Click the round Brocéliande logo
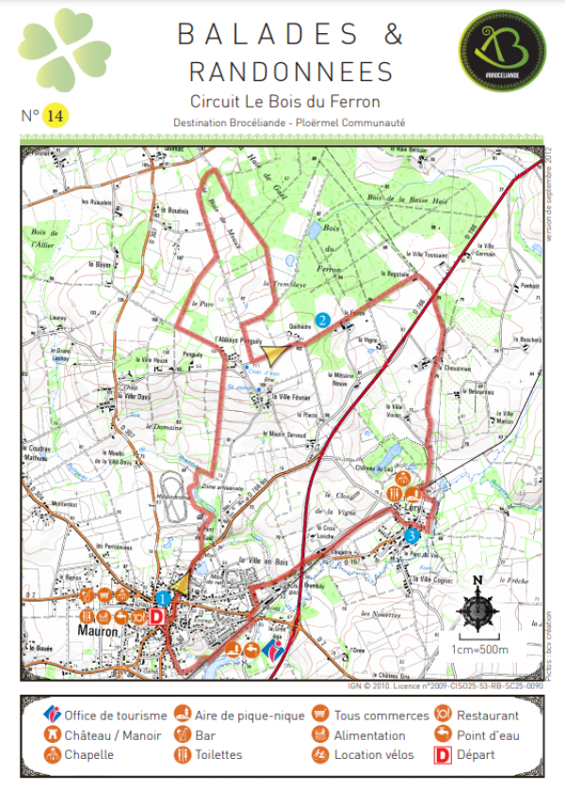(496, 55)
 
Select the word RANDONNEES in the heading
(290, 72)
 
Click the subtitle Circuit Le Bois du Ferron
(284, 101)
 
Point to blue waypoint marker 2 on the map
(323, 321)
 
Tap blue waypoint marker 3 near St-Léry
(411, 535)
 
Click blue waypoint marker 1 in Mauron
(164, 598)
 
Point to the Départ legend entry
(475, 755)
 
